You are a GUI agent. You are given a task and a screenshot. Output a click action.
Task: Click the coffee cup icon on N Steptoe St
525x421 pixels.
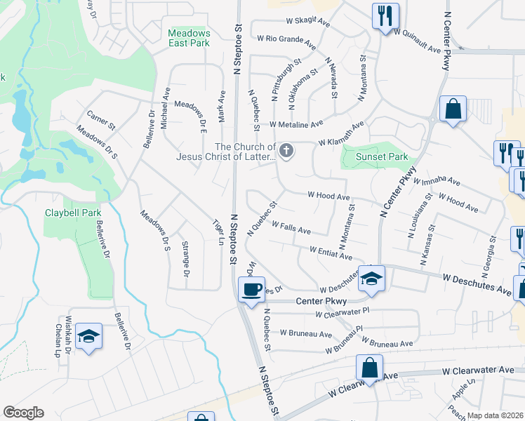[x=251, y=288]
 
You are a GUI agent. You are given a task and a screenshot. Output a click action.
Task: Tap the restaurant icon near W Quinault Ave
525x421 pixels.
[x=385, y=15]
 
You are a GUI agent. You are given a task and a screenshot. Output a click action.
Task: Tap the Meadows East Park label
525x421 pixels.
[x=190, y=38]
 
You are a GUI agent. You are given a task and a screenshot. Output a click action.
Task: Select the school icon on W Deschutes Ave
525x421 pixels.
[x=371, y=279]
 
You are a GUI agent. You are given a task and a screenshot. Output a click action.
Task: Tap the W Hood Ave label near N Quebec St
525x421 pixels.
[x=328, y=196]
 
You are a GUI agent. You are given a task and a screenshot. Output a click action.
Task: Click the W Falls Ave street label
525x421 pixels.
[x=295, y=227]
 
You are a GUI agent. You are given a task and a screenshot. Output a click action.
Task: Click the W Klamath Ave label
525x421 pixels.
[x=341, y=133]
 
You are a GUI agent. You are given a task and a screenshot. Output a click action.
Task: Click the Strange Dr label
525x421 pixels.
[x=185, y=259]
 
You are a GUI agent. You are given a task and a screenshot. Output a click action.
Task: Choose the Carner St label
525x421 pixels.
[x=100, y=119]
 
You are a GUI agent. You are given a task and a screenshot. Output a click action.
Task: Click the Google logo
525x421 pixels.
[x=23, y=413]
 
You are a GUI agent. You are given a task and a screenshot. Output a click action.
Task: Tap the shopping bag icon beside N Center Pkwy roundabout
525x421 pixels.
[x=453, y=109]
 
